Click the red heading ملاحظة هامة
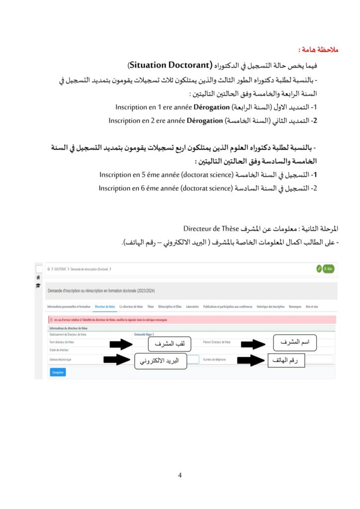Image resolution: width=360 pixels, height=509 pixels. tap(318, 50)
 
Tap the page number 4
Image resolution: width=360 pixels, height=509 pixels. tap(180, 475)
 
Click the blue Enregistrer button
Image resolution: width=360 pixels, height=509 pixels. tap(58, 372)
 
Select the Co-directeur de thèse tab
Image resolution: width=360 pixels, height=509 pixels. tap(131, 307)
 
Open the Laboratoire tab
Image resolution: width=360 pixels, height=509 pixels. tap(192, 307)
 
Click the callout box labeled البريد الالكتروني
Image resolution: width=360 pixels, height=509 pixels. tap(161, 361)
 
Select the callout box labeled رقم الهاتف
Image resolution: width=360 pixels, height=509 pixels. tap(285, 360)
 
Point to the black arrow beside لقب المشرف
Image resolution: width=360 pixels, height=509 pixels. tap(122, 344)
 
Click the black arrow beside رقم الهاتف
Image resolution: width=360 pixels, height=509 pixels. tap(250, 360)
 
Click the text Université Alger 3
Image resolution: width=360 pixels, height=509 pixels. tap(144, 335)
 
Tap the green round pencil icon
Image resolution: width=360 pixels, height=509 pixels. tap(319, 268)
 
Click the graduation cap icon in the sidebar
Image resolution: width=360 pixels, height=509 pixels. tap(38, 286)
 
